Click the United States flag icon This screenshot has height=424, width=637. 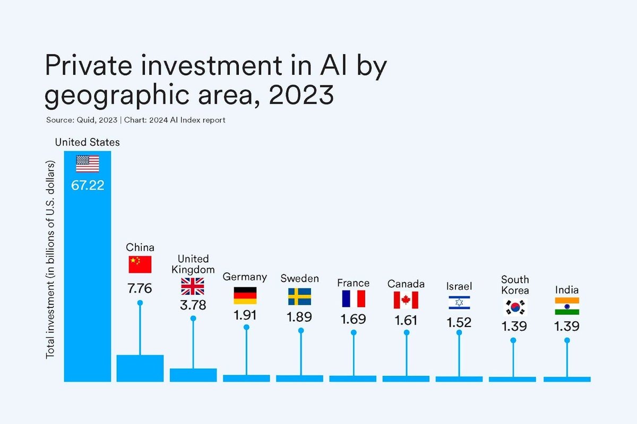pos(88,164)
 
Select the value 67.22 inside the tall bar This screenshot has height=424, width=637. pos(88,187)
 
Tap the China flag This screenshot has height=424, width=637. pos(140,264)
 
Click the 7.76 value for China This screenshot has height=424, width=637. pos(140,288)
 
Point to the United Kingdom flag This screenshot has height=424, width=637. pos(193,286)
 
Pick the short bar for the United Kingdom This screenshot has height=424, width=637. pos(193,375)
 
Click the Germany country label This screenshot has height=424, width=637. pos(245,277)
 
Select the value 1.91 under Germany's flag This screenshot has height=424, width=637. pos(245,315)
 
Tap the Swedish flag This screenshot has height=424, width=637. pos(299,297)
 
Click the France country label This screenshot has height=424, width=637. pos(353,283)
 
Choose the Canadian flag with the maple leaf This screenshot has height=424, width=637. pos(406,300)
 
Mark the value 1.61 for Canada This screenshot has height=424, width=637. pos(406,321)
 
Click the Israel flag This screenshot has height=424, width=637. pos(459,303)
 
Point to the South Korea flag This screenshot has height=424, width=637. pos(514,307)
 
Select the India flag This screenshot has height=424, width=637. pos(567,306)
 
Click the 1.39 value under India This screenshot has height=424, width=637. pos(567,326)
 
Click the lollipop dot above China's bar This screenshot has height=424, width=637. pos(140,303)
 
